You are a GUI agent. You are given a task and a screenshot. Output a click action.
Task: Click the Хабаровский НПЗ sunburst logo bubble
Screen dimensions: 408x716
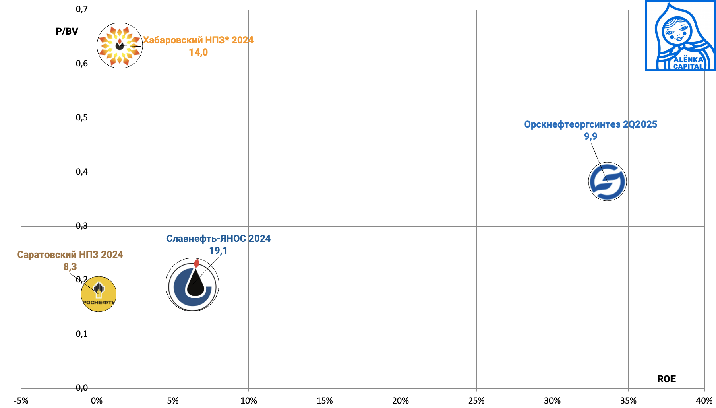tap(120, 45)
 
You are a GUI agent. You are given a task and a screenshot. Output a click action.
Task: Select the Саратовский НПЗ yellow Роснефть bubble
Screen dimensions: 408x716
tap(99, 294)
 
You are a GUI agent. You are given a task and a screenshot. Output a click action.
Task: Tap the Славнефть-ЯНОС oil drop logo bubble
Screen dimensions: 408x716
tap(192, 285)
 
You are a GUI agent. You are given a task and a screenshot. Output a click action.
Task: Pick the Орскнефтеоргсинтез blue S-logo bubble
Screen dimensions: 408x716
tap(607, 181)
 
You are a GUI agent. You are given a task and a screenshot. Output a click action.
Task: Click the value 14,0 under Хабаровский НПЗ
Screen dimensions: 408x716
tap(199, 52)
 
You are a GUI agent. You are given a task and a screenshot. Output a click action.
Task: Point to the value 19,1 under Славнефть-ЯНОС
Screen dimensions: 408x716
tap(218, 251)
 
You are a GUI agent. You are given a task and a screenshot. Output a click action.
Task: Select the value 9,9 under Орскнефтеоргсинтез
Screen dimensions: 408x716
tap(591, 136)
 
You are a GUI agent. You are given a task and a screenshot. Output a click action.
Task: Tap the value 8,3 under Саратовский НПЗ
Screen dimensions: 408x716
tap(70, 267)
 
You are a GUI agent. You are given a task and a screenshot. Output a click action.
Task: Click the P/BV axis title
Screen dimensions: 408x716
tap(67, 31)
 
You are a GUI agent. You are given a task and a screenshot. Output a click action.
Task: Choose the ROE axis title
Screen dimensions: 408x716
tap(666, 379)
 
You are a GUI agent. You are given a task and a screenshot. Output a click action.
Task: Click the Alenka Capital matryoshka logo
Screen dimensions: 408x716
tap(680, 36)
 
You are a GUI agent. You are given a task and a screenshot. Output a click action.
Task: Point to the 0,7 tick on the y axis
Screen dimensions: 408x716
tap(82, 9)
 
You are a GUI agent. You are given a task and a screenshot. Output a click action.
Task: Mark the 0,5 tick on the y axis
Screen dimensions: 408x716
tap(82, 117)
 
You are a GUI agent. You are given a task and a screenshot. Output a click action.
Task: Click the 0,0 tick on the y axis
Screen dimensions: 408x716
tap(82, 388)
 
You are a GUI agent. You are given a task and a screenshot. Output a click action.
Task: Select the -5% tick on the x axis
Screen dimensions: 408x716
tap(21, 401)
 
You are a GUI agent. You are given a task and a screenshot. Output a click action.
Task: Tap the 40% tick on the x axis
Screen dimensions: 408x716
tap(704, 401)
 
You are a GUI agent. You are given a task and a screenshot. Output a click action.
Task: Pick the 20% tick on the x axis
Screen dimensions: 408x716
tap(401, 401)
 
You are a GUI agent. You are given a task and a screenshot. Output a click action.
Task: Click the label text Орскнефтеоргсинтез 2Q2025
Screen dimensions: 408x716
tap(590, 124)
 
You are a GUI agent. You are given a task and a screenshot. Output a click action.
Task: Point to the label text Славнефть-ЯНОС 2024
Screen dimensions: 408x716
tap(218, 239)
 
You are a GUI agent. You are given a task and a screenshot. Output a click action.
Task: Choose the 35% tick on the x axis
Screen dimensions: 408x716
tap(628, 401)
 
